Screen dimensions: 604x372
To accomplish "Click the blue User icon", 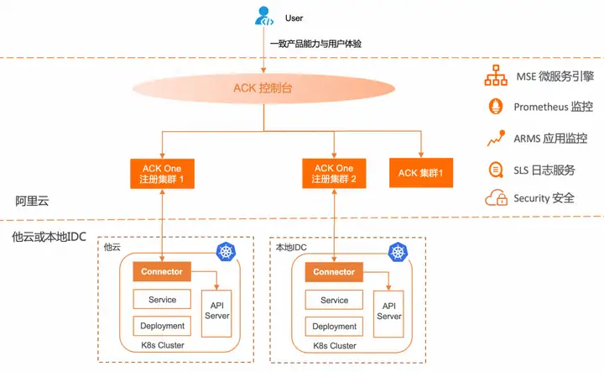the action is point(264,16).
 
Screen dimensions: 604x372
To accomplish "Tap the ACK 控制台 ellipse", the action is point(264,88).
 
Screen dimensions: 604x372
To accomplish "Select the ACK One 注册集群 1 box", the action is point(162,174).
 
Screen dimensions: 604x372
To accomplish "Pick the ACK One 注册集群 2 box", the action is point(334,173).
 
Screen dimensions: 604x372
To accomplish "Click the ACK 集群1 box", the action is point(421,173).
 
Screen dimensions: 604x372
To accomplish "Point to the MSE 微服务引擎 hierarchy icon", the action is point(496,76).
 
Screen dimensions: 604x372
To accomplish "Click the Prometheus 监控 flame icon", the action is point(496,106).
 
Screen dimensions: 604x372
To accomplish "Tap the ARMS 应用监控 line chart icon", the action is point(496,138).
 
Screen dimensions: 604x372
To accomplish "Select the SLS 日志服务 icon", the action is point(496,170).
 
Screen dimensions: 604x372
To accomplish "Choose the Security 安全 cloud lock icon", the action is point(496,198).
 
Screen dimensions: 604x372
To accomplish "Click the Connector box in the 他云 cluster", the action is point(162,271).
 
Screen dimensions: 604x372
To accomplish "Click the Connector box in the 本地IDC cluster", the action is point(334,272).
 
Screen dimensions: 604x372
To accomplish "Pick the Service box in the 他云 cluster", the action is point(162,300).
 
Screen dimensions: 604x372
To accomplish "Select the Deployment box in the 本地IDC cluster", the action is point(334,327).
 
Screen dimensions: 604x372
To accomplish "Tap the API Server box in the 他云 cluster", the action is point(217,313).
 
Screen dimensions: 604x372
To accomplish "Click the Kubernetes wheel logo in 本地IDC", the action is point(398,253).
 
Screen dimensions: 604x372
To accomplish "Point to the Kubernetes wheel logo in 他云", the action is point(226,252).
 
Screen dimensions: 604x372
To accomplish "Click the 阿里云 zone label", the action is point(33,201).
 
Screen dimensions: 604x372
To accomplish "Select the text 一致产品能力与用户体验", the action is point(316,44).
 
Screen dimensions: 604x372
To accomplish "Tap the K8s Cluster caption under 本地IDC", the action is point(335,346).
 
